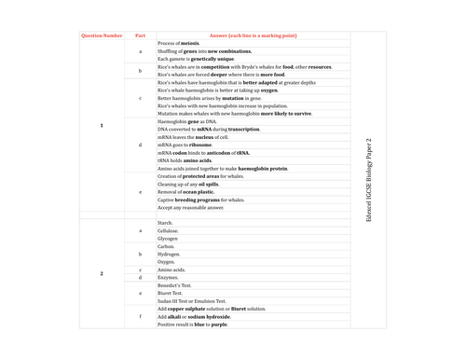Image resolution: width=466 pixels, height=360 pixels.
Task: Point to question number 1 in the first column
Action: click(101, 125)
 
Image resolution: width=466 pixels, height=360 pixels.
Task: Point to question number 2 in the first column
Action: click(101, 273)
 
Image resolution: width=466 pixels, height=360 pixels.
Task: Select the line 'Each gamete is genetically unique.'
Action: click(197, 59)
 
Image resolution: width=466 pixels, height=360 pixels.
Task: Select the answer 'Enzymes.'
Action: click(169, 277)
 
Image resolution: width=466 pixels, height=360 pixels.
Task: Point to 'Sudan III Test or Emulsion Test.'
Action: click(195, 300)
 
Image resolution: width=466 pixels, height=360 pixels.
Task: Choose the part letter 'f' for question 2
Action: click(141, 316)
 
